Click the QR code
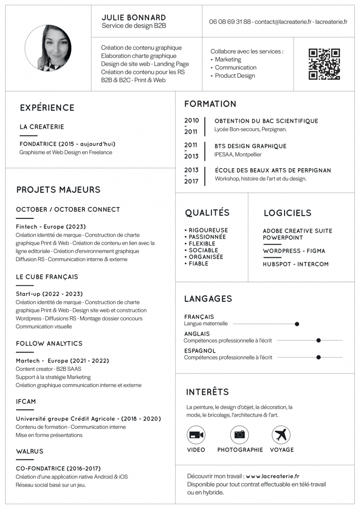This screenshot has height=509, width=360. (324, 64)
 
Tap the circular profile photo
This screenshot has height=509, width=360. (48, 48)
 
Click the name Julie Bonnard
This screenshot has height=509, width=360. (134, 18)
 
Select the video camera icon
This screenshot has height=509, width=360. (196, 435)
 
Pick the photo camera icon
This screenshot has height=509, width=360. (240, 435)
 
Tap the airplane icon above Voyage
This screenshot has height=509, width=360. (281, 435)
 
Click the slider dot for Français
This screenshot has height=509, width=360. (297, 324)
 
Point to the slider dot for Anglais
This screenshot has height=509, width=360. (318, 341)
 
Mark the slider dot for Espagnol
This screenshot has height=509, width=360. (318, 357)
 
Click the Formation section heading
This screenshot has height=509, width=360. (210, 104)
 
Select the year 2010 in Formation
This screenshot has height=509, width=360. (191, 120)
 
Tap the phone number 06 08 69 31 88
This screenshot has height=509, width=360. (230, 22)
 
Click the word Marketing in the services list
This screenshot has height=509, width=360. (228, 60)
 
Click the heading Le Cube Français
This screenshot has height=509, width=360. (47, 277)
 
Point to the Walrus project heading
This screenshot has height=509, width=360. (30, 451)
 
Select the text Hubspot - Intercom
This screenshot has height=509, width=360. (295, 264)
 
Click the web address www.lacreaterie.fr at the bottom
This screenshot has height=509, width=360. (272, 476)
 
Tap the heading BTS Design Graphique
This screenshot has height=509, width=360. (250, 146)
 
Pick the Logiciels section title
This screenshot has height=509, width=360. (287, 213)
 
